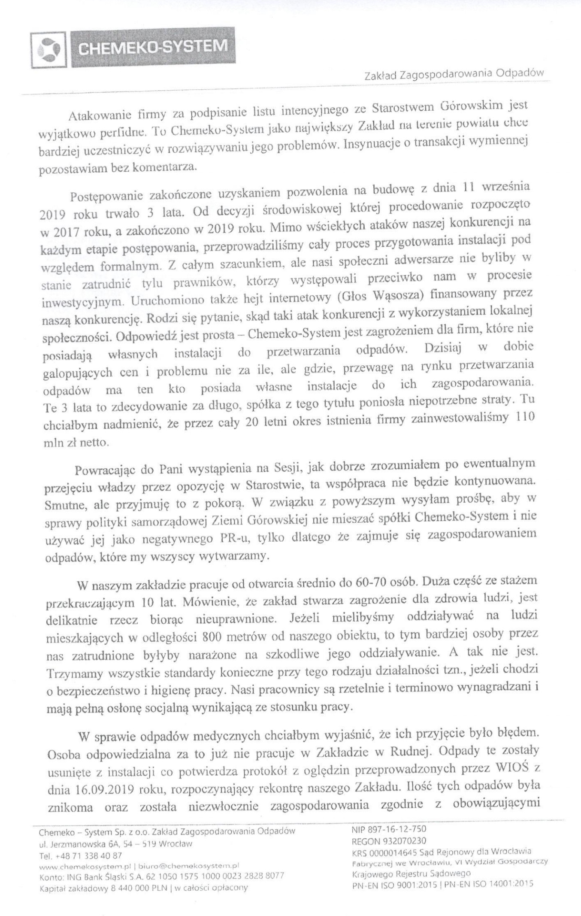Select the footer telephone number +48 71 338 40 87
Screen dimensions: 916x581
(87, 854)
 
